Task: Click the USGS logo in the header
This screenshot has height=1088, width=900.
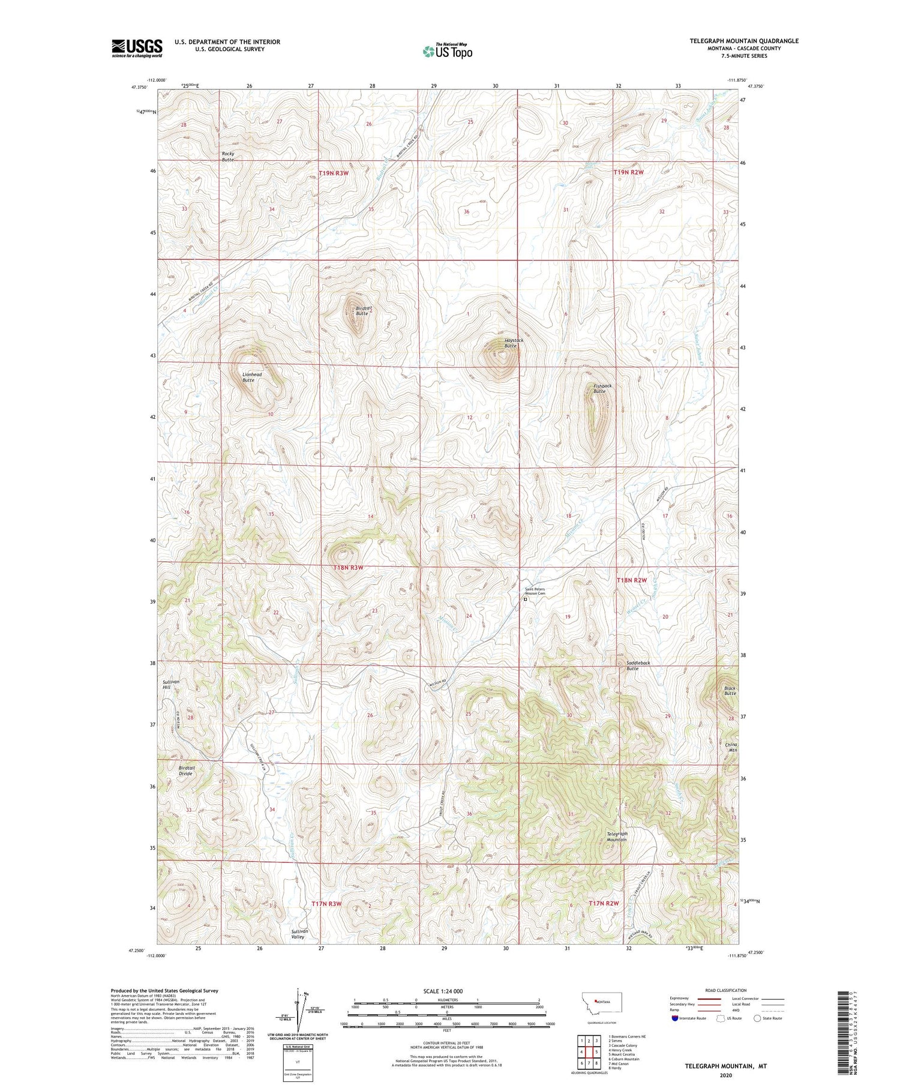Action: pyautogui.click(x=137, y=48)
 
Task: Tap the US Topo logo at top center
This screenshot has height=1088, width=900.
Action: pyautogui.click(x=447, y=52)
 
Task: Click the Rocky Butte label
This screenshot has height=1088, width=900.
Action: pyautogui.click(x=228, y=157)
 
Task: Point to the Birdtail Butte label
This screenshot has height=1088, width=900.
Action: pyautogui.click(x=361, y=311)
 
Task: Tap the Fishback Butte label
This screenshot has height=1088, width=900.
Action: pyautogui.click(x=602, y=388)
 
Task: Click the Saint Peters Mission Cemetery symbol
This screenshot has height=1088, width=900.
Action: pyautogui.click(x=525, y=599)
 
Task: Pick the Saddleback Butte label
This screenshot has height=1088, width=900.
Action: pyautogui.click(x=638, y=666)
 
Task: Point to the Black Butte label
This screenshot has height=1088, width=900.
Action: pyautogui.click(x=730, y=691)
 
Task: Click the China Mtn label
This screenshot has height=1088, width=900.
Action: pyautogui.click(x=731, y=747)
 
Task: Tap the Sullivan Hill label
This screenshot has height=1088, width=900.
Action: pyautogui.click(x=170, y=685)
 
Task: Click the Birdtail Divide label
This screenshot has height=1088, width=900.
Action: pyautogui.click(x=187, y=771)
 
